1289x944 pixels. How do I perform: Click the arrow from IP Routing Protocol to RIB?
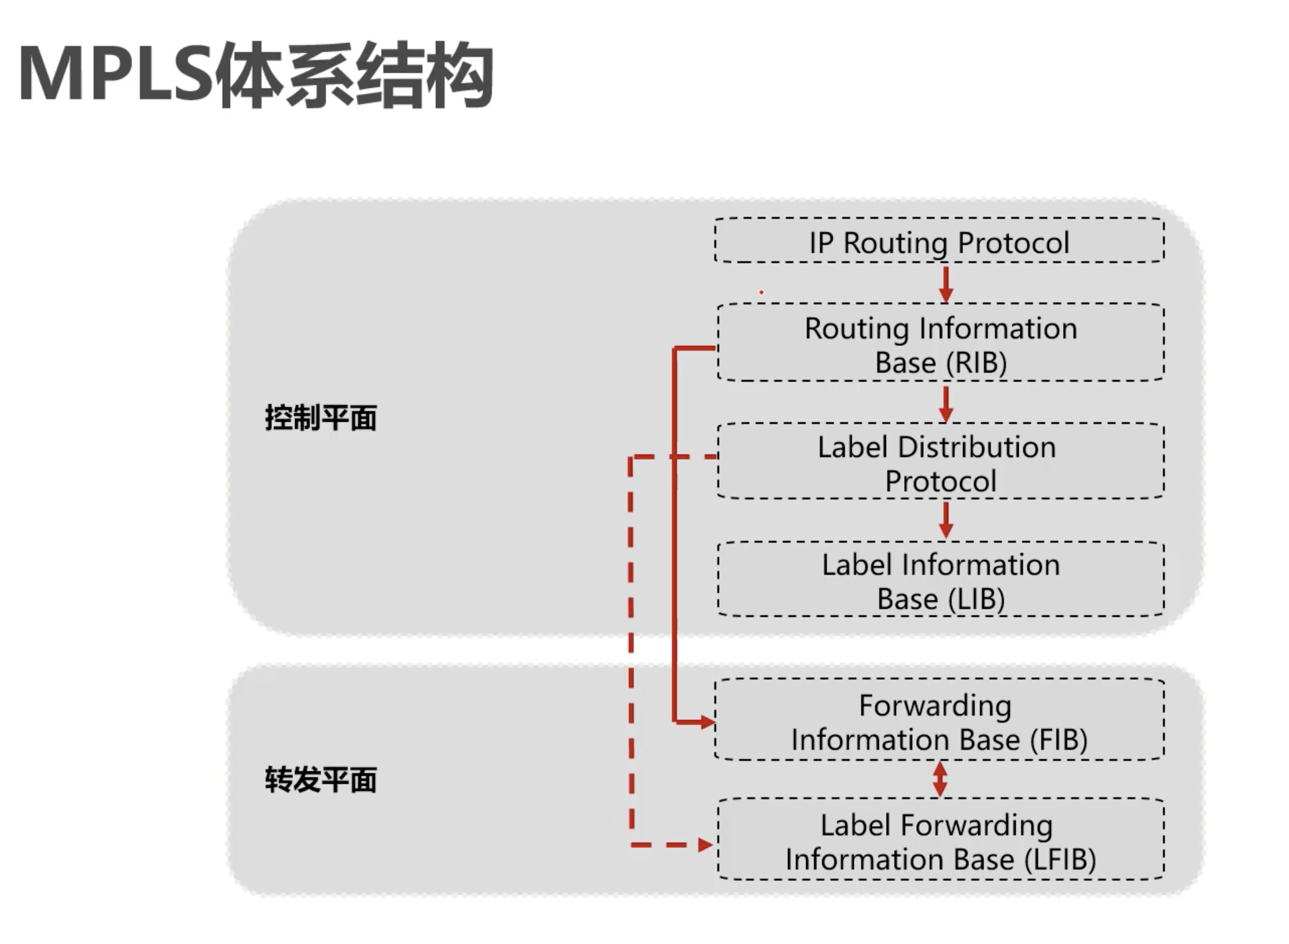click(946, 284)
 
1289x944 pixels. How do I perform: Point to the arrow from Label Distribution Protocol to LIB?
click(946, 521)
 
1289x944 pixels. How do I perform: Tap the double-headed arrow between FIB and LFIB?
click(940, 779)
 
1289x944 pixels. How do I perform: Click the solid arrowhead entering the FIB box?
click(707, 722)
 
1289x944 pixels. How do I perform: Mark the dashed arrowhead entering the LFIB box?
click(704, 845)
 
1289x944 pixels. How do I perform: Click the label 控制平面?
click(321, 418)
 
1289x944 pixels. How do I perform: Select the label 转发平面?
click(321, 780)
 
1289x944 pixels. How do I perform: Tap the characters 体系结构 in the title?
click(355, 75)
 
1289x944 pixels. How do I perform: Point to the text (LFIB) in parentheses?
click(1060, 860)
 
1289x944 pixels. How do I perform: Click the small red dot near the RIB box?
click(761, 292)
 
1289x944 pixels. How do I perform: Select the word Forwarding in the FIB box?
click(936, 706)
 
